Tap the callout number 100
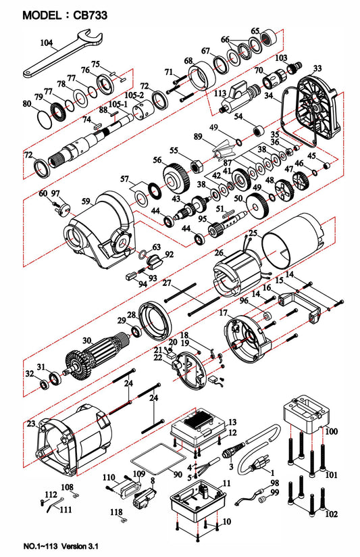332,430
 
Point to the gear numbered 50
257,204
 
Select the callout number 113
220,93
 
